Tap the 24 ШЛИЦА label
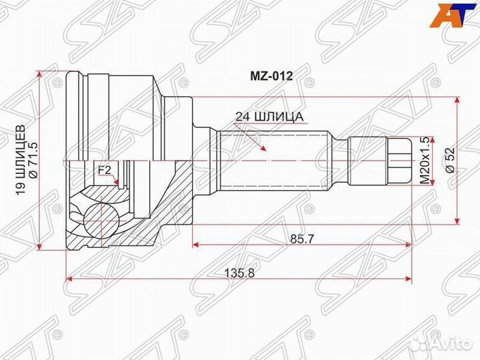tap(269, 117)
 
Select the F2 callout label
tap(105, 170)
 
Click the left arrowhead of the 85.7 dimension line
tap(195, 245)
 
